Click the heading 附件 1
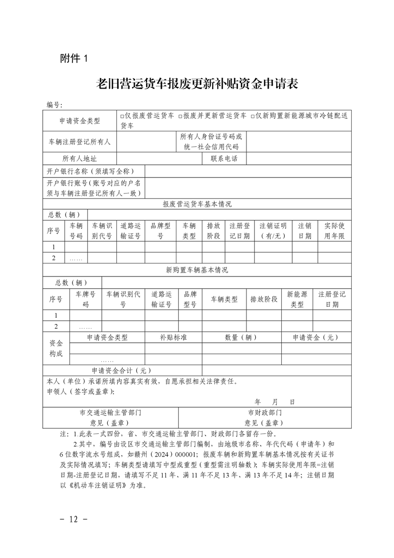point(73,58)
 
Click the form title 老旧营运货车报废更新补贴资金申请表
point(197,83)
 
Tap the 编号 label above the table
point(54,105)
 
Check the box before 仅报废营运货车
point(122,116)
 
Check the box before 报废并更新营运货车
point(180,116)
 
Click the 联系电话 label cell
point(224,159)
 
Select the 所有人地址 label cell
point(79,159)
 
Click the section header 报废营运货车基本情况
point(197,204)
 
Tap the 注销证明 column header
point(273,231)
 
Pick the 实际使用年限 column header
point(334,231)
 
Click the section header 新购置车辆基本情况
point(197,270)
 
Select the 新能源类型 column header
point(297,299)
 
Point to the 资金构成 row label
point(56,348)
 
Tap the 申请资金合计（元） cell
point(122,371)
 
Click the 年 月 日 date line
point(275,401)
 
